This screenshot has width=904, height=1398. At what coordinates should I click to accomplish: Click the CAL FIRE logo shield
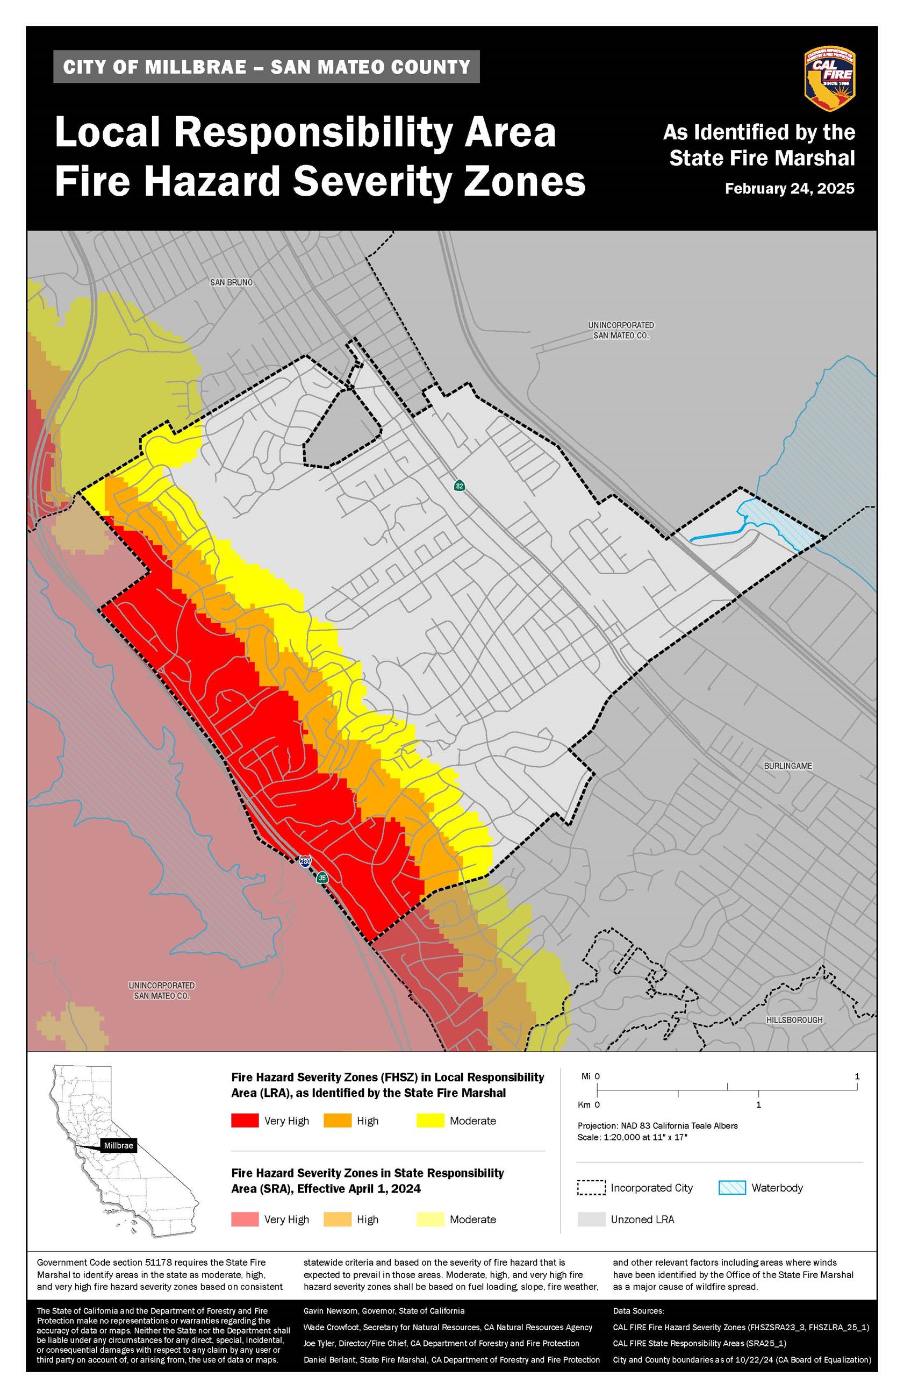tap(829, 79)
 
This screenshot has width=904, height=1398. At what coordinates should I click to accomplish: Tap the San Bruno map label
tap(231, 282)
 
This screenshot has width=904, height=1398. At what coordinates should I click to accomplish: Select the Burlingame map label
tap(788, 766)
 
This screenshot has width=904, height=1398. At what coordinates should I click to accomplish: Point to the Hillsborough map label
tap(794, 1020)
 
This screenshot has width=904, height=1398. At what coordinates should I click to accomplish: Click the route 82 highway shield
tap(459, 486)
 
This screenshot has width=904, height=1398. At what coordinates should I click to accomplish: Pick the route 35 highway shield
tap(322, 878)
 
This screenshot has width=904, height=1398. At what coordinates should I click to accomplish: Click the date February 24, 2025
tap(789, 189)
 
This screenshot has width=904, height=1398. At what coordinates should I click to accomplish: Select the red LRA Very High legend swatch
tap(244, 1120)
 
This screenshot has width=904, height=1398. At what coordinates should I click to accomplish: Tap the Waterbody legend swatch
tap(732, 1187)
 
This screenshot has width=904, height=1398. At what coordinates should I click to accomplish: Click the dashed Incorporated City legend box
tap(591, 1187)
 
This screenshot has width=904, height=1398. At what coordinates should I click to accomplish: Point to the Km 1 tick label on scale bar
tap(758, 1104)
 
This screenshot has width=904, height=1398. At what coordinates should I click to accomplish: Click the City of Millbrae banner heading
tap(267, 67)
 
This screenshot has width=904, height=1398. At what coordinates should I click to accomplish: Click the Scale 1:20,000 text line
tap(632, 1137)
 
